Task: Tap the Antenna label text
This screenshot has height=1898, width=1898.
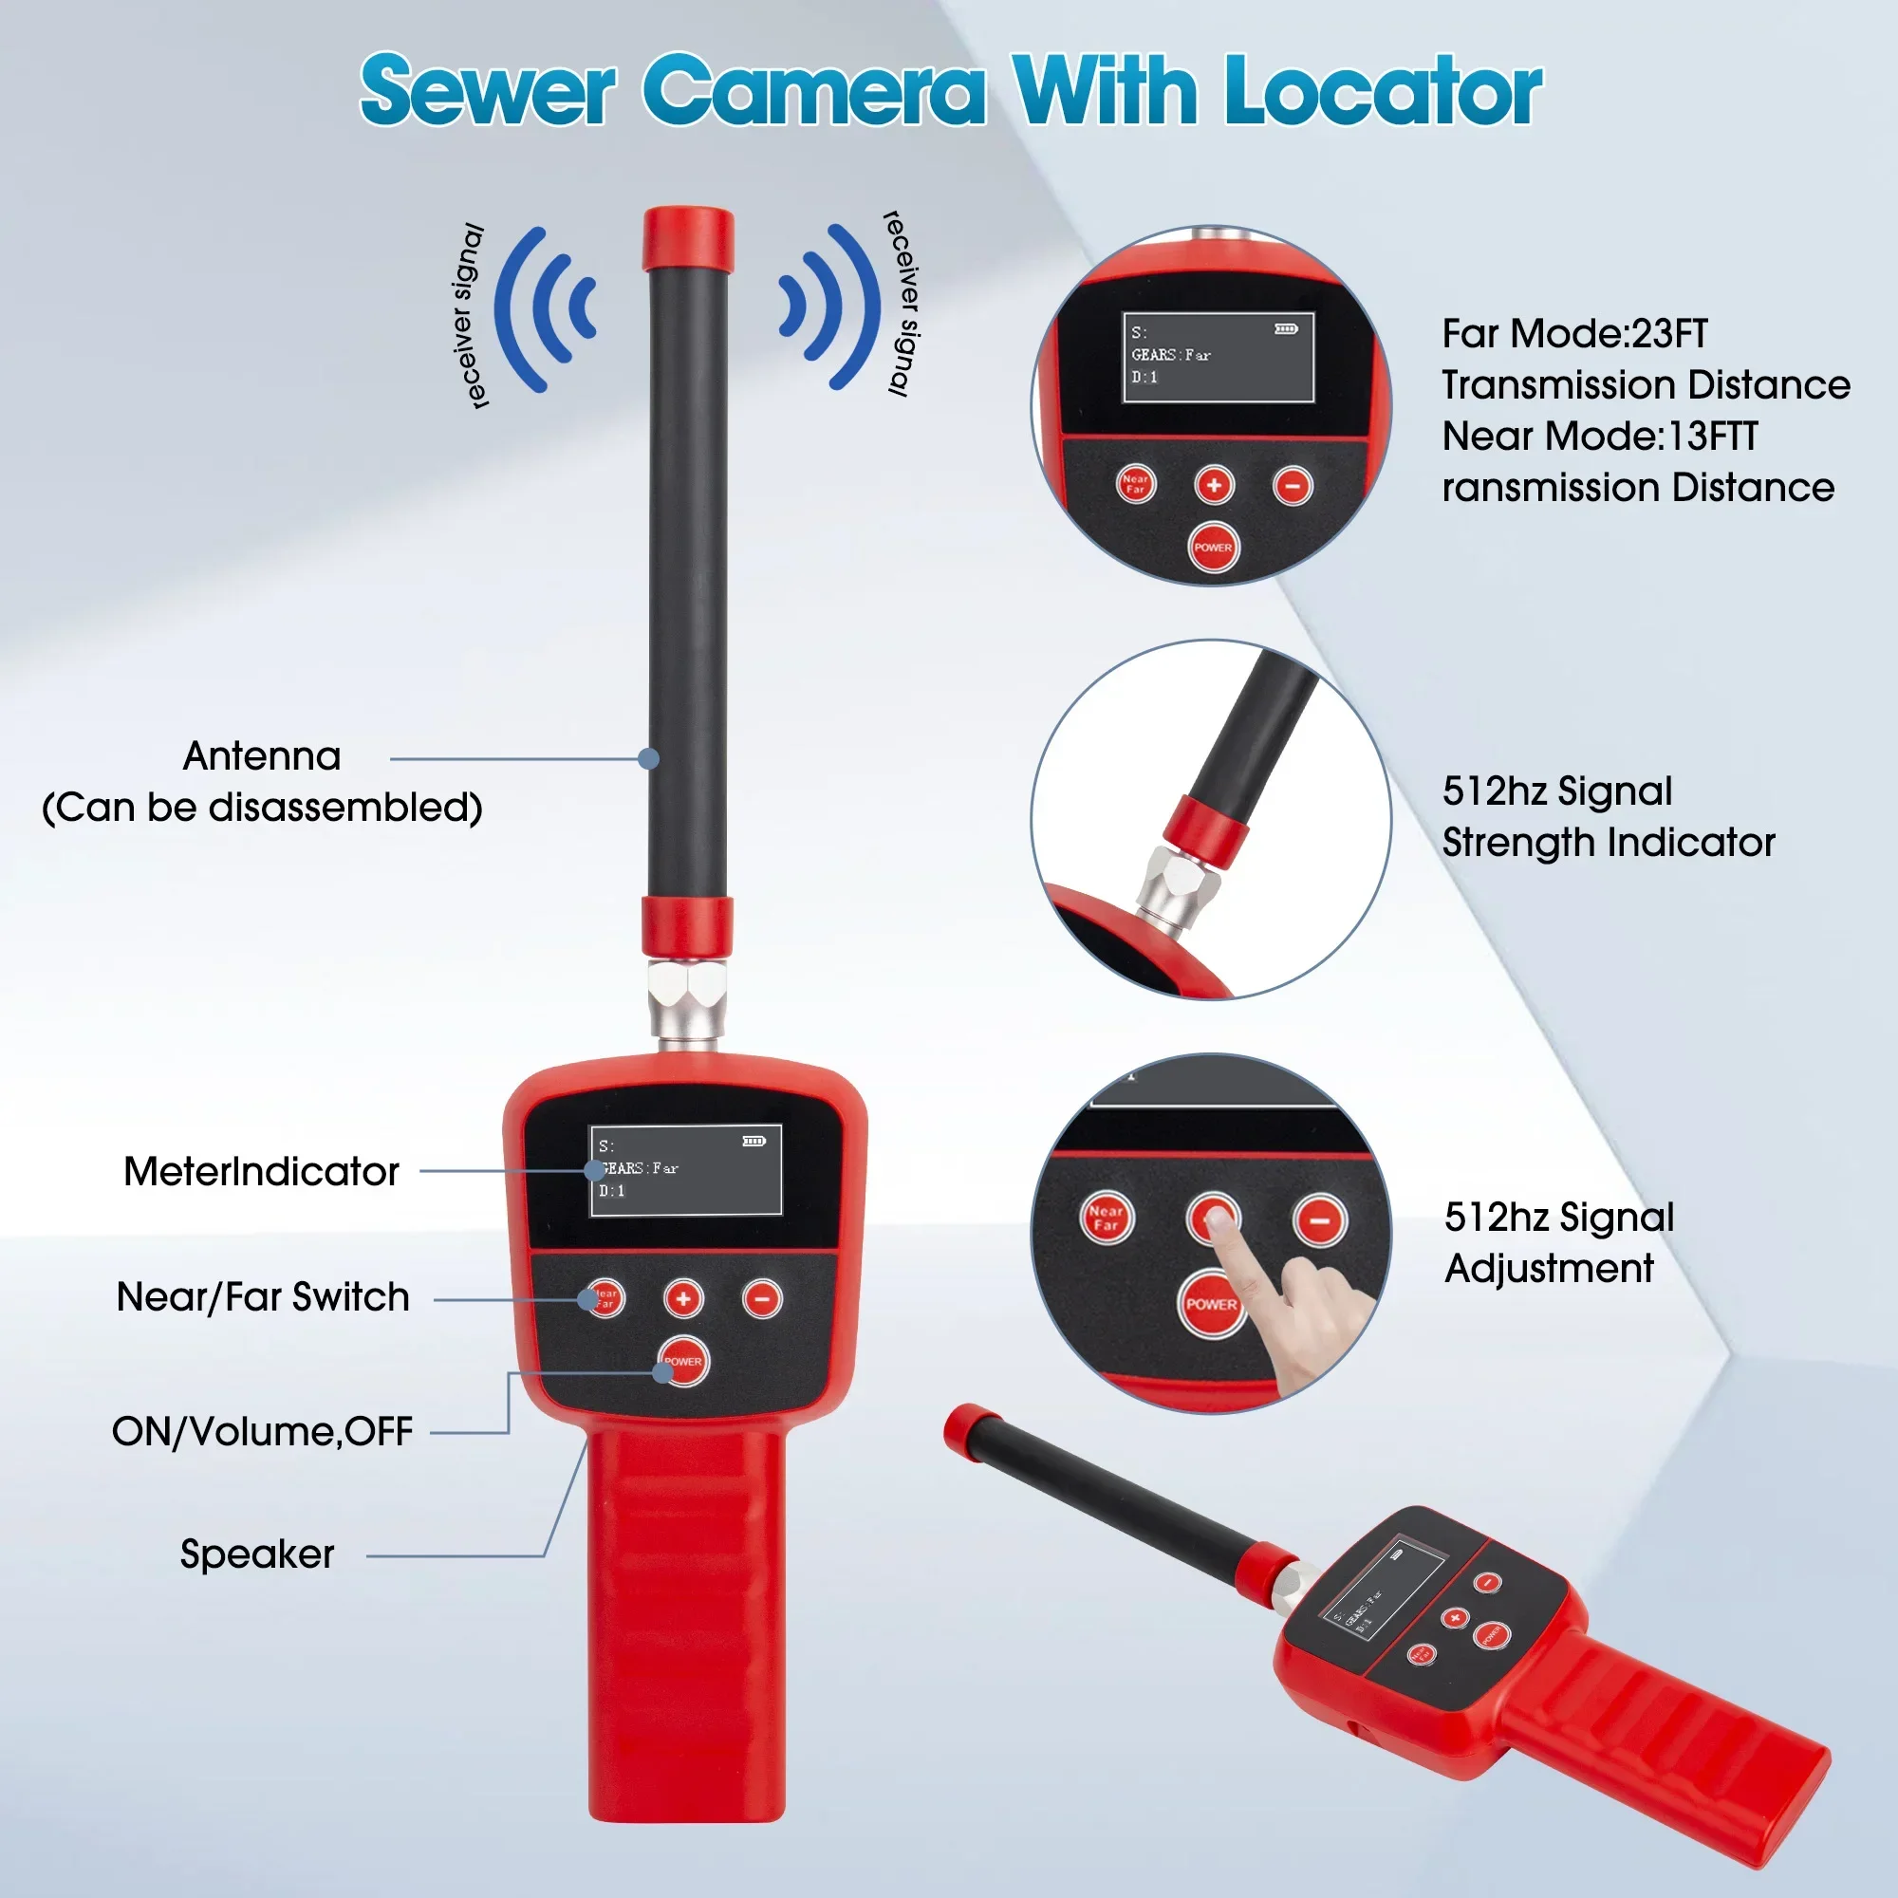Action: [x=261, y=756]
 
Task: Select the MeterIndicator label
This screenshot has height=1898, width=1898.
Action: [x=261, y=1171]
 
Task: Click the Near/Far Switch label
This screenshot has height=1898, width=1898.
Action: [x=262, y=1296]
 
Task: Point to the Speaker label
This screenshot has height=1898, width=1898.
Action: [x=256, y=1554]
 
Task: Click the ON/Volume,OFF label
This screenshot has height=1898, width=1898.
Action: [x=262, y=1431]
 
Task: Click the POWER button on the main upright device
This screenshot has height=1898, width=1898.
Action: [x=683, y=1362]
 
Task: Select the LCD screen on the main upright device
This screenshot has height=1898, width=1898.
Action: [x=685, y=1169]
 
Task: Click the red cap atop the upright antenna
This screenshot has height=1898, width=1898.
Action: [x=688, y=239]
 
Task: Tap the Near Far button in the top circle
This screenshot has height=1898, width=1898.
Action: [x=1136, y=484]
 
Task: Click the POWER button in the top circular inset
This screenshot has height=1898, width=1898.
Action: [x=1213, y=548]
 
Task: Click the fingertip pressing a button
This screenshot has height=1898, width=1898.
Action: [x=1219, y=1221]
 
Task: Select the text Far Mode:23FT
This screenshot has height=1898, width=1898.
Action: [x=1574, y=334]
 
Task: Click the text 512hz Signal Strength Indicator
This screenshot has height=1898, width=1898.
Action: [x=1609, y=816]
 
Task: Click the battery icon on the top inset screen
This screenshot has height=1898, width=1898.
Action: [x=1286, y=329]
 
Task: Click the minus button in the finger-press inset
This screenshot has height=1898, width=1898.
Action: [x=1319, y=1220]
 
